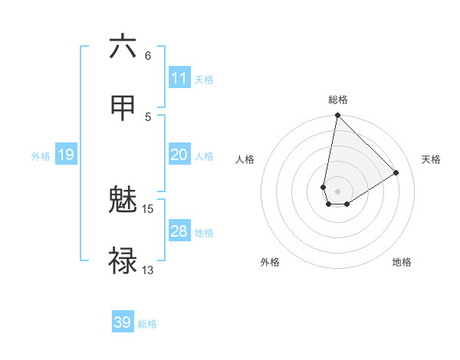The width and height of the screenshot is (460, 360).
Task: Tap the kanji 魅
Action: (x=123, y=201)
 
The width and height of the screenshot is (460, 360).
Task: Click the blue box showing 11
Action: (x=179, y=78)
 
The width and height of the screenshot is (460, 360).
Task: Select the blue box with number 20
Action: (x=179, y=155)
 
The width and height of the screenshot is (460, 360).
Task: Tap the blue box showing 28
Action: (x=179, y=231)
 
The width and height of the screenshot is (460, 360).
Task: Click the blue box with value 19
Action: (x=66, y=155)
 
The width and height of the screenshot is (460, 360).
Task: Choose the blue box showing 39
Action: (x=123, y=322)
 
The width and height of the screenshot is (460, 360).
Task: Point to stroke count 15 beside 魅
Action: (x=148, y=208)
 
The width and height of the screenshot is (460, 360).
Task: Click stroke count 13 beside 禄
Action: (x=148, y=270)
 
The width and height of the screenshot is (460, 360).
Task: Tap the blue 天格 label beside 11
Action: (x=204, y=79)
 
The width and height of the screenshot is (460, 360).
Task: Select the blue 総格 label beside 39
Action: (x=147, y=323)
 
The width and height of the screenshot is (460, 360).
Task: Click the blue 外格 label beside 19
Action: (x=41, y=155)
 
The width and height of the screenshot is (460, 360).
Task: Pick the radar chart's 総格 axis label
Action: (x=338, y=100)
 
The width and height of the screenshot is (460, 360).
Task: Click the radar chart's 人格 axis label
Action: (x=245, y=159)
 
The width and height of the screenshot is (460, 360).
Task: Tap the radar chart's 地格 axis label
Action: (x=402, y=262)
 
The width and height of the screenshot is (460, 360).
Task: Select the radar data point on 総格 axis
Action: (x=337, y=116)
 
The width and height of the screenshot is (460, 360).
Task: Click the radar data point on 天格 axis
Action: (x=396, y=172)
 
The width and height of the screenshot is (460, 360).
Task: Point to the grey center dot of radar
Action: (x=337, y=191)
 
